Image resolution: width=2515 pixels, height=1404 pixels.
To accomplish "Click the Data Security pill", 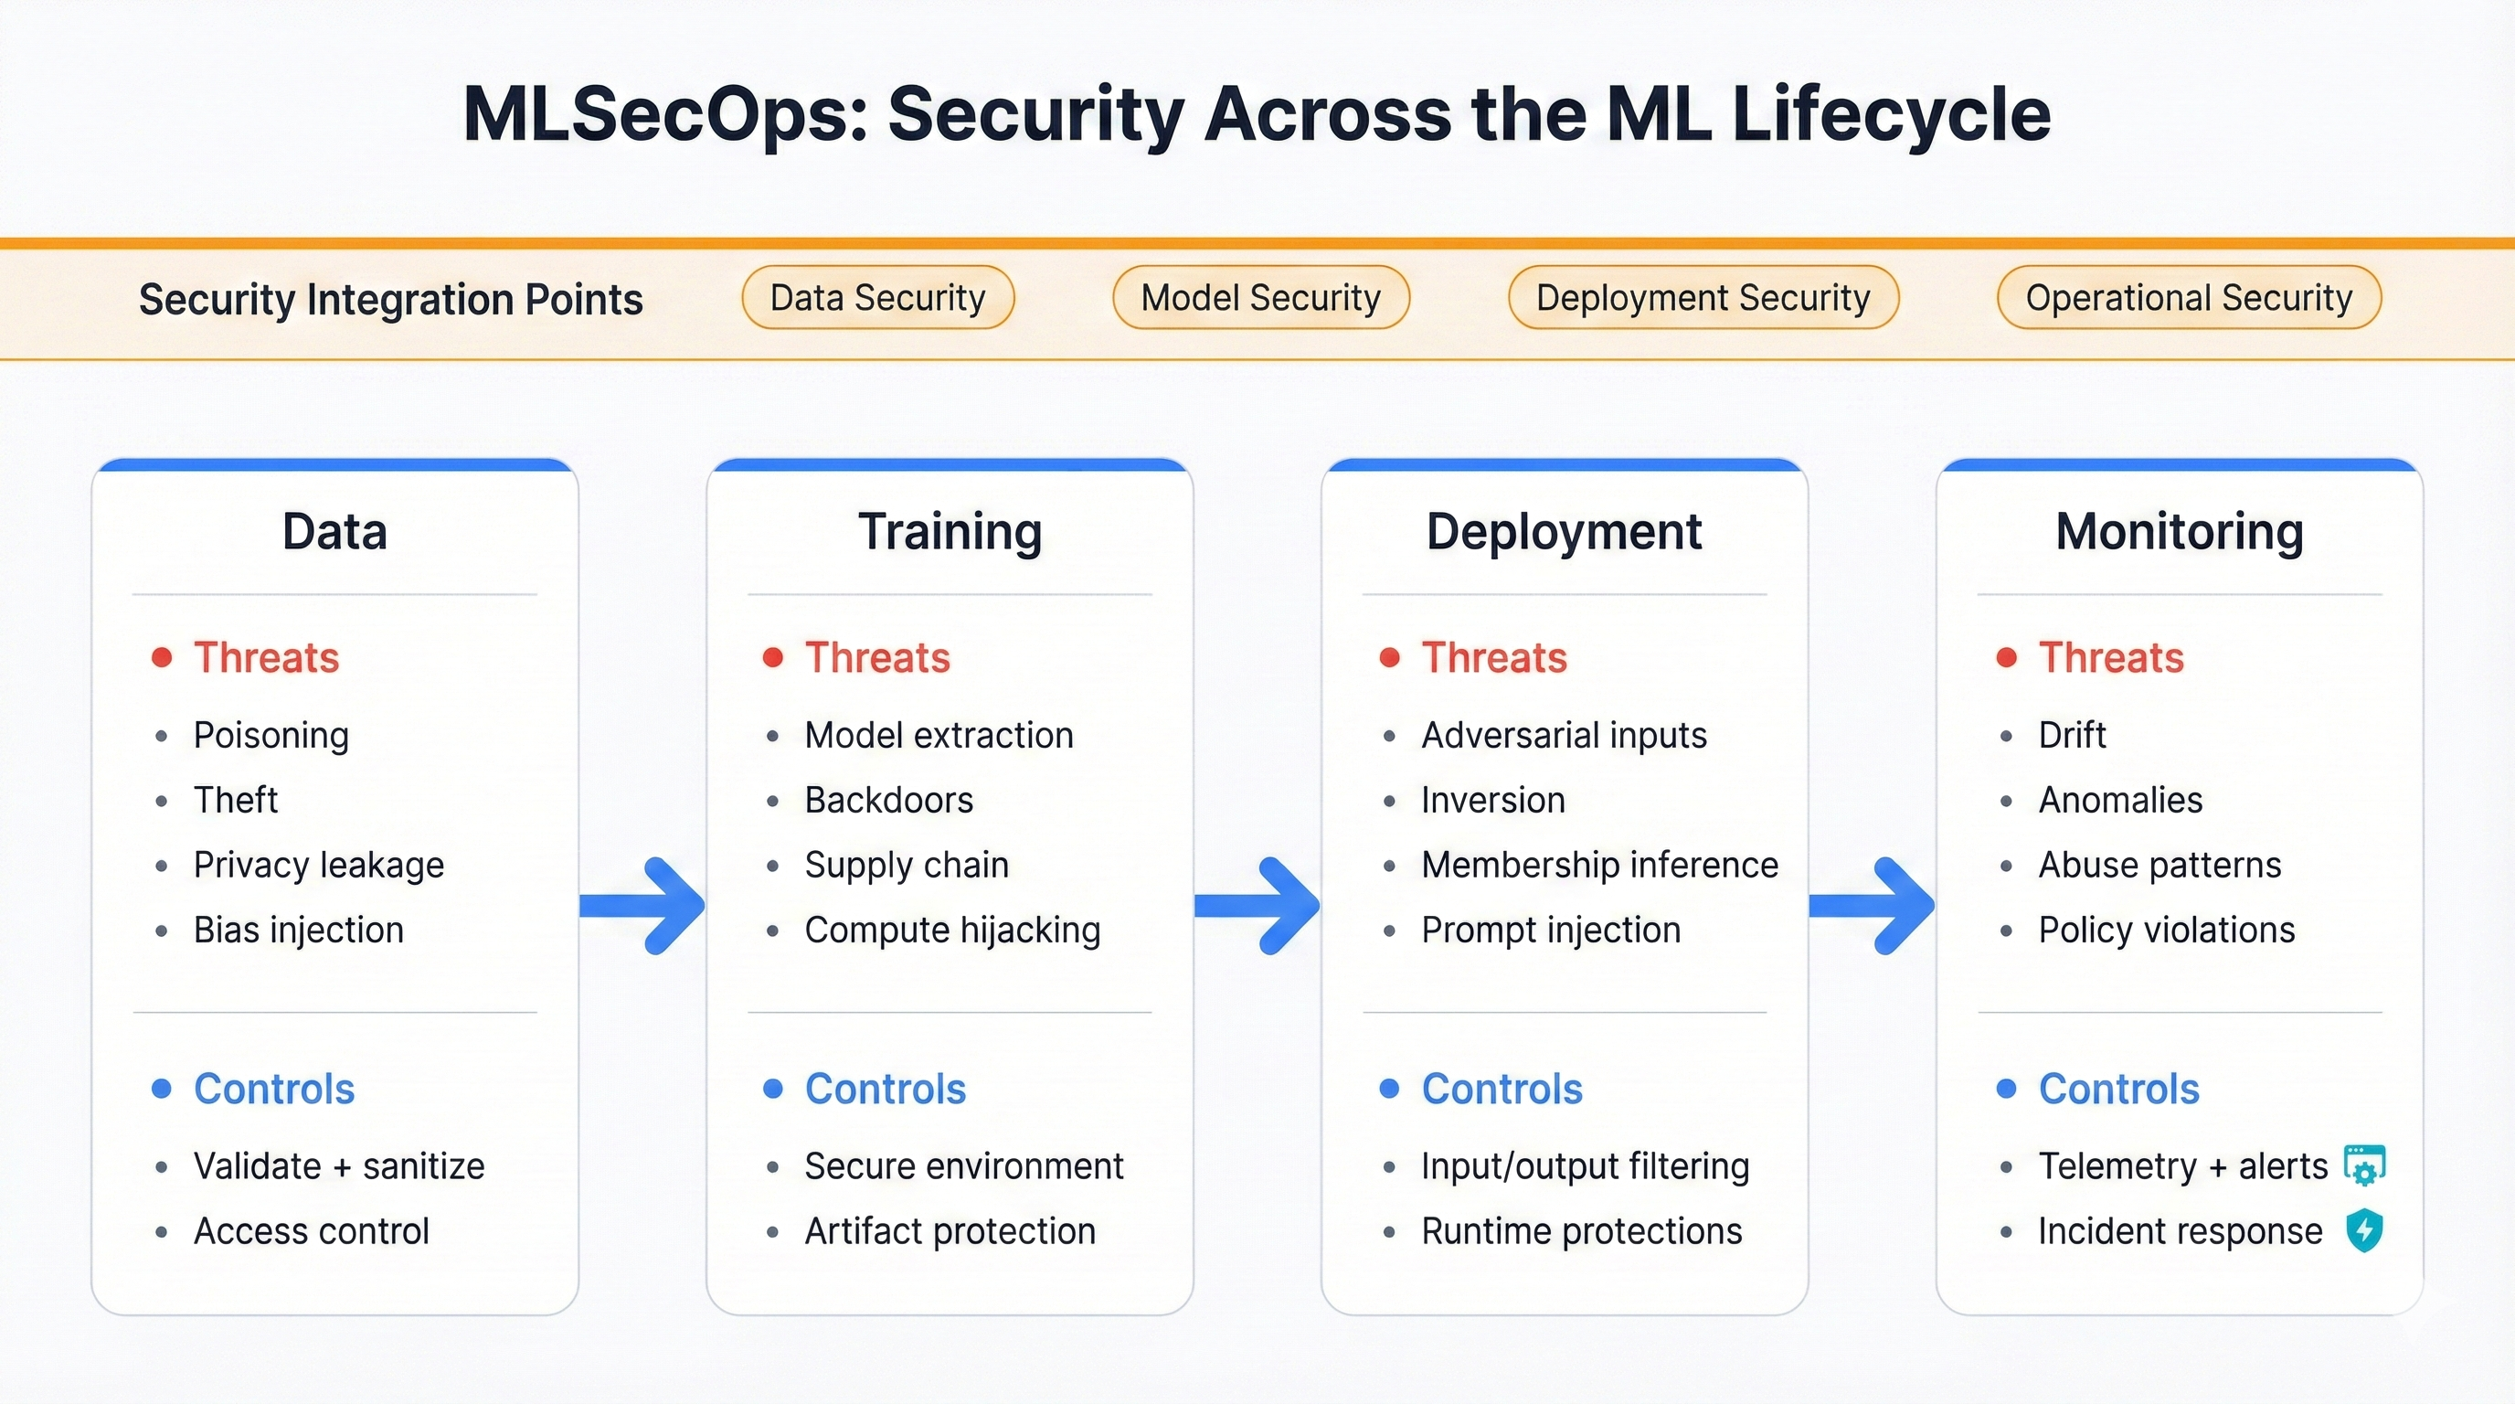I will pyautogui.click(x=876, y=298).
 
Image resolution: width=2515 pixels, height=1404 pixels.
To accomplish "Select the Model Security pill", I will pyautogui.click(x=1260, y=298).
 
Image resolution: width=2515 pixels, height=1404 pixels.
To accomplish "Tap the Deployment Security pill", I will pyautogui.click(x=1703, y=298).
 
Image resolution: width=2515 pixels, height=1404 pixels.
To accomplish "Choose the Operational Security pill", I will pyautogui.click(x=2188, y=298).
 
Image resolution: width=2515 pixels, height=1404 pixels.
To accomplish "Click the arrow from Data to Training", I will pyautogui.click(x=644, y=906).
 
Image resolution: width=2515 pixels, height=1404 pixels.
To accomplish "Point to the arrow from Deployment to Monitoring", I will pyautogui.click(x=1873, y=906).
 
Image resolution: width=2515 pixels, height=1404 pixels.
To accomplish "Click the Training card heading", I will pyautogui.click(x=949, y=532).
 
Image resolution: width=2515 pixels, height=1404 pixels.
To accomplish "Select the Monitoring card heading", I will pyautogui.click(x=2178, y=532).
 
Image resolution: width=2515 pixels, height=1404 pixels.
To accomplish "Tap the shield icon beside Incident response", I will pyautogui.click(x=2363, y=1230).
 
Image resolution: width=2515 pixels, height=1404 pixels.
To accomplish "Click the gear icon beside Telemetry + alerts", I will pyautogui.click(x=2363, y=1165).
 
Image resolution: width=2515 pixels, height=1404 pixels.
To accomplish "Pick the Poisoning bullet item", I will pyautogui.click(x=271, y=735).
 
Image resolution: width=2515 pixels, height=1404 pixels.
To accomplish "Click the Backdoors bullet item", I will pyautogui.click(x=888, y=801).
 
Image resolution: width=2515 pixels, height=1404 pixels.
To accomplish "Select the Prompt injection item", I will pyautogui.click(x=1550, y=931).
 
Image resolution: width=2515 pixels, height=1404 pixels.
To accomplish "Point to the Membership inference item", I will pyautogui.click(x=1599, y=865).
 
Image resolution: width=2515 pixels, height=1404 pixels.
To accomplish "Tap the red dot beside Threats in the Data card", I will pyautogui.click(x=162, y=657).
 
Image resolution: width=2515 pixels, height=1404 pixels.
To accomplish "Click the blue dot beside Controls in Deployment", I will pyautogui.click(x=1389, y=1089).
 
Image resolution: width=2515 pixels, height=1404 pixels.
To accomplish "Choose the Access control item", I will pyautogui.click(x=311, y=1231).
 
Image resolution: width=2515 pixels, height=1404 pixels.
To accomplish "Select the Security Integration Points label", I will pyautogui.click(x=390, y=300).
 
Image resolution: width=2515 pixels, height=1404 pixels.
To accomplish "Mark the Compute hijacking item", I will pyautogui.click(x=952, y=931).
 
